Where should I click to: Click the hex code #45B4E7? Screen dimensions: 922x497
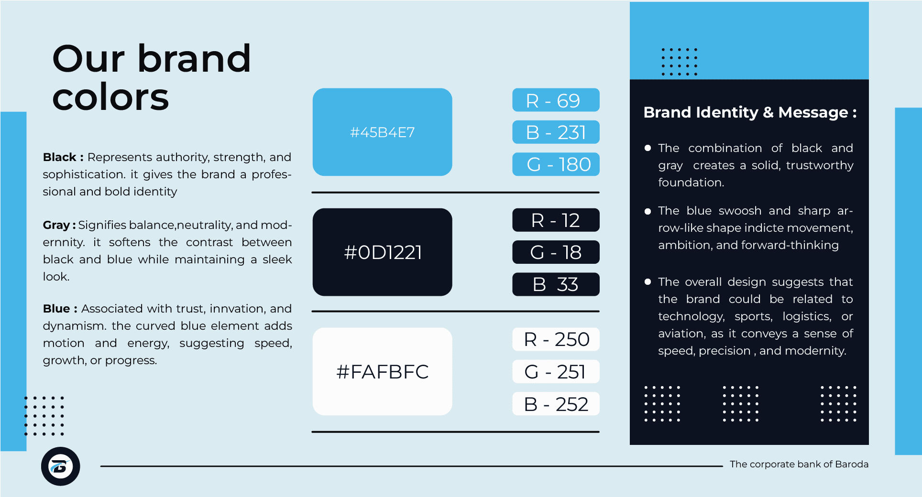tap(382, 132)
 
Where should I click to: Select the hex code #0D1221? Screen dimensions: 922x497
tap(383, 252)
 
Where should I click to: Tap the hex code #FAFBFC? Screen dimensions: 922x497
tap(382, 372)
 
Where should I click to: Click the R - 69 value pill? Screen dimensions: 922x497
tap(556, 100)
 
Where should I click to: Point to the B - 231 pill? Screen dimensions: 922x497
tap(556, 132)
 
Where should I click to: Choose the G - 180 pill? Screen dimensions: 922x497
tap(556, 164)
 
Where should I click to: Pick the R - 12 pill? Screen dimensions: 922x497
tap(556, 220)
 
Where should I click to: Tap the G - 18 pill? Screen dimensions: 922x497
tap(556, 252)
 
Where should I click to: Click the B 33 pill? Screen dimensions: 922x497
tap(556, 284)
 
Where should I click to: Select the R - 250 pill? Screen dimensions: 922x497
tap(556, 339)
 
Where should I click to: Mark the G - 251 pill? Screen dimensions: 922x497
tap(556, 371)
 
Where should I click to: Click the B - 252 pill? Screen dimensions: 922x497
tap(556, 404)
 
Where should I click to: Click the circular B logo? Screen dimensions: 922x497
tap(60, 466)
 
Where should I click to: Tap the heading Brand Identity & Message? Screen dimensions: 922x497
tap(749, 112)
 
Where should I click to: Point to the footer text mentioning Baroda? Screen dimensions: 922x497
tap(799, 464)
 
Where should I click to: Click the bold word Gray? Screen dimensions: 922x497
tap(56, 226)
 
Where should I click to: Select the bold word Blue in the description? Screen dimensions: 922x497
tap(56, 309)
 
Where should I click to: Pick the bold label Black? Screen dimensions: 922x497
tap(60, 157)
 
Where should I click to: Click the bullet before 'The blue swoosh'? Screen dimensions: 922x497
tap(648, 211)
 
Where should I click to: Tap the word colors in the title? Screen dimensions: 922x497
tap(110, 98)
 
